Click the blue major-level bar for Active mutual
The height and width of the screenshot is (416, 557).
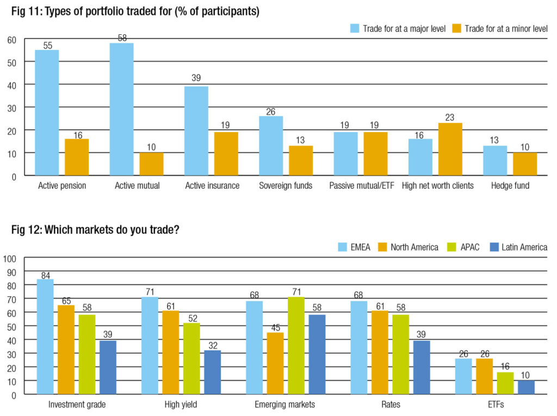pos(121,109)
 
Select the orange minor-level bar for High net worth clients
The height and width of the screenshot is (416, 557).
pos(450,149)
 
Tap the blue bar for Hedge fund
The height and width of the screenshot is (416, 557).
pos(494,160)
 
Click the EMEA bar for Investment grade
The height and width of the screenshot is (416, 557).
pos(45,337)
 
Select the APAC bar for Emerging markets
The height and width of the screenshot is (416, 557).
pos(296,345)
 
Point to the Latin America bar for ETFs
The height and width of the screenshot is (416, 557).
pos(526,387)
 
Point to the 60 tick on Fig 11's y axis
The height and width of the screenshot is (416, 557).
pos(11,39)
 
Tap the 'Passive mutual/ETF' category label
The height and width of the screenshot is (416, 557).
pos(361,185)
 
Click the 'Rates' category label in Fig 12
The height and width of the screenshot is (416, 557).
pos(389,404)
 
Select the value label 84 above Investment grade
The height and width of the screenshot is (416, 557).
pos(45,274)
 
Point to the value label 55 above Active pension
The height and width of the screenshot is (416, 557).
pos(47,45)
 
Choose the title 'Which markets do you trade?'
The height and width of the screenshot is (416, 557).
pos(112,229)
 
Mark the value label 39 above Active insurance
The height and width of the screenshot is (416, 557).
pos(196,78)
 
